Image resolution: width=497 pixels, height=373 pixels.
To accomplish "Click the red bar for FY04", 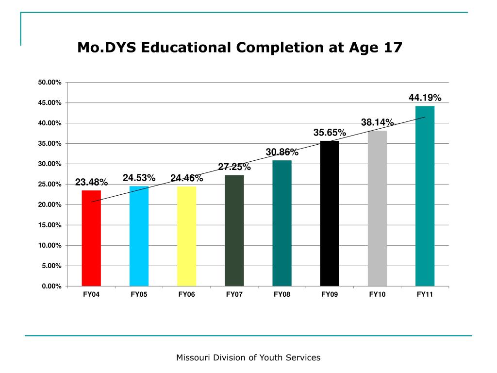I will (x=91, y=238).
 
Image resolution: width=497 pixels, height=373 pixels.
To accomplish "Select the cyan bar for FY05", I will (x=139, y=236).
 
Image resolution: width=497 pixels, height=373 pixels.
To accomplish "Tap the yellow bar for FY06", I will (x=186, y=236).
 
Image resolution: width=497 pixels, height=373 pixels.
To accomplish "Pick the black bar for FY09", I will (x=330, y=214).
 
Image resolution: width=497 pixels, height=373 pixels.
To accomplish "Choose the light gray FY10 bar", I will (x=377, y=208).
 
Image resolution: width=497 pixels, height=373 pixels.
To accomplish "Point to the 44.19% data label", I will (x=425, y=98).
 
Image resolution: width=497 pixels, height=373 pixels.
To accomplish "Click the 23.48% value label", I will (x=91, y=182).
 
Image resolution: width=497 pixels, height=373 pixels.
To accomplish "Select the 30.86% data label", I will (x=282, y=153).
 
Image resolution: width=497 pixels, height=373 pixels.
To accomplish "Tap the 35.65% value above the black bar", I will (x=330, y=133).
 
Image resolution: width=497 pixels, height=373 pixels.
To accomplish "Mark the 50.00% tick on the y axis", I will (x=50, y=83).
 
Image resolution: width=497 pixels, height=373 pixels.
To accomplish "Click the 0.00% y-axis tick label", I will (x=51, y=287).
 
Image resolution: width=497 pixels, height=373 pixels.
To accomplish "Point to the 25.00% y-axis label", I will (x=50, y=185).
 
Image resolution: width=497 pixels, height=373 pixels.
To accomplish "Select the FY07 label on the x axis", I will (x=234, y=295).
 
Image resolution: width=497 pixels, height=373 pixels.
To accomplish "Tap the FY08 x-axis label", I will (x=282, y=295).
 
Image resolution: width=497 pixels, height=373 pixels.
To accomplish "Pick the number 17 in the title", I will (x=393, y=48).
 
